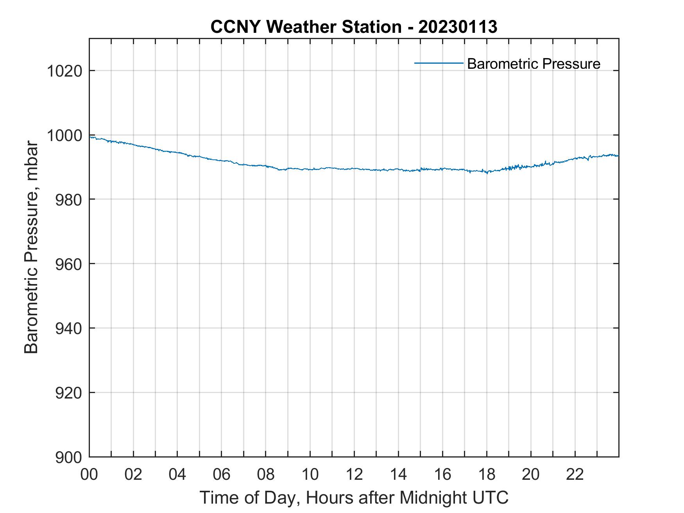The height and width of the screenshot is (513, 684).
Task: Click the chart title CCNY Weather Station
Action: (x=306, y=27)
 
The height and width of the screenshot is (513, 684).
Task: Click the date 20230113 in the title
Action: (x=458, y=27)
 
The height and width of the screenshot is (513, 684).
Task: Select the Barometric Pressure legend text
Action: (x=533, y=64)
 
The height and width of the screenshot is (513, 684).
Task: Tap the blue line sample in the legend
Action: (x=439, y=63)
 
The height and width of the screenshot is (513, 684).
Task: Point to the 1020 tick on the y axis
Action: (x=64, y=71)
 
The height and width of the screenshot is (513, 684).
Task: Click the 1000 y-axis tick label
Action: (x=64, y=136)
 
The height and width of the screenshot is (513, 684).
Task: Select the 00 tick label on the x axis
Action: (x=89, y=474)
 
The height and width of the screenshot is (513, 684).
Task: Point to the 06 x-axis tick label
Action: (x=221, y=474)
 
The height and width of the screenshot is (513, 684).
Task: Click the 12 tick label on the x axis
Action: (x=354, y=474)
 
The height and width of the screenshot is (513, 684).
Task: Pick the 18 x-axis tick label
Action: (x=487, y=474)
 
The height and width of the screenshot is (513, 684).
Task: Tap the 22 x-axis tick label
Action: (x=575, y=474)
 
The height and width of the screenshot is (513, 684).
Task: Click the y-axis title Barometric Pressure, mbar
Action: (x=31, y=248)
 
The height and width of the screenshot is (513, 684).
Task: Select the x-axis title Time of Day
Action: (x=354, y=497)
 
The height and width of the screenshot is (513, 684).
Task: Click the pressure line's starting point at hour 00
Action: (x=90, y=137)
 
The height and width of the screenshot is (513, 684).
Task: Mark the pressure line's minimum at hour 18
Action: (x=487, y=172)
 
